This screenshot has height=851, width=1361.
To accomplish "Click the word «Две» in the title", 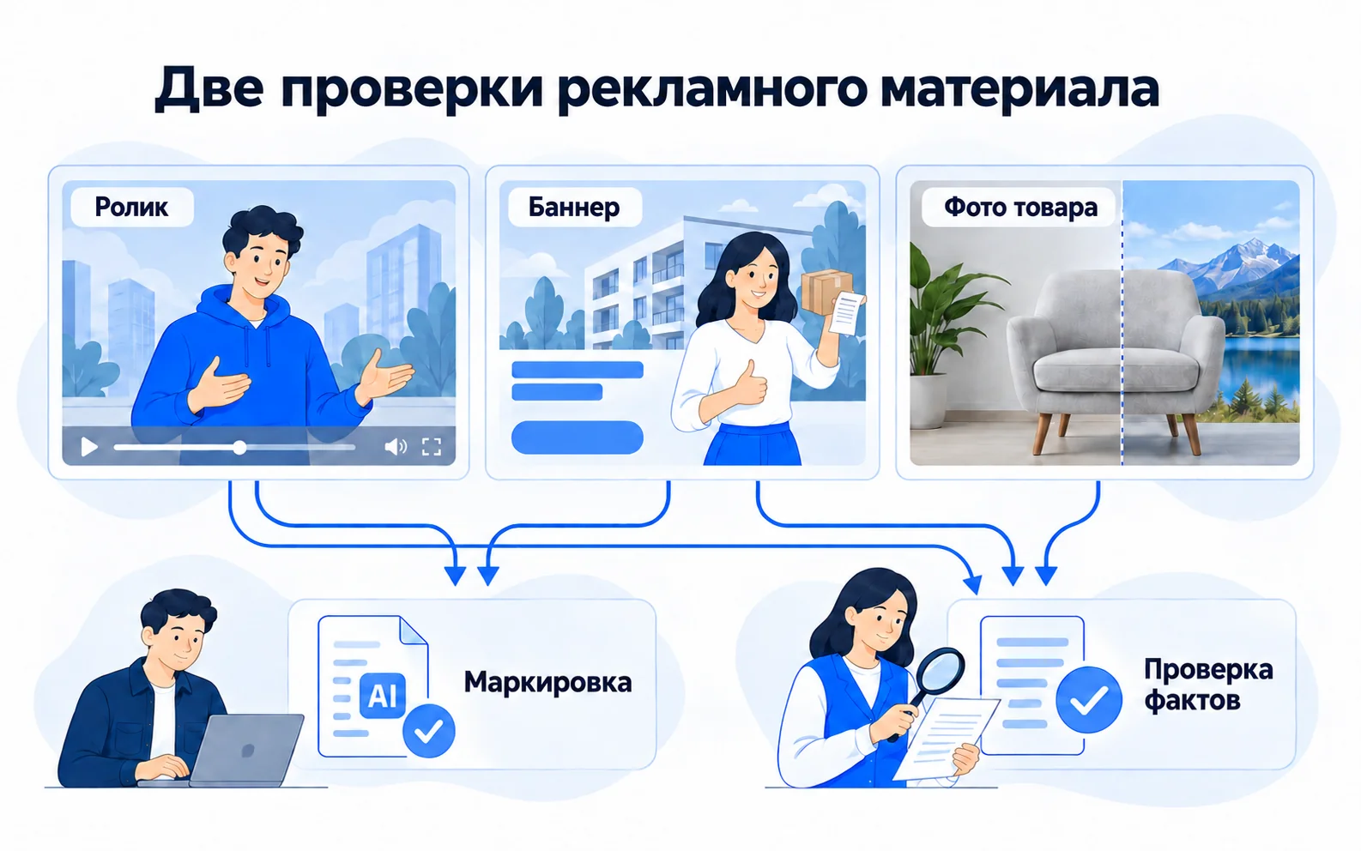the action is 209,88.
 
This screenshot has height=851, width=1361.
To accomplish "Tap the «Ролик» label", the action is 131,207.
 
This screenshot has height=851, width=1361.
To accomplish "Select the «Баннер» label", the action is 573,207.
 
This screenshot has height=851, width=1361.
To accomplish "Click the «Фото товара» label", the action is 1021,207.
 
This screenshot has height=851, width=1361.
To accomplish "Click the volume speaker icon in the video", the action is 396,447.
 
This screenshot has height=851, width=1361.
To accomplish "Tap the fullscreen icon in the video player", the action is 432,447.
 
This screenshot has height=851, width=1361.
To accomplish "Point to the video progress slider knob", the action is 240,448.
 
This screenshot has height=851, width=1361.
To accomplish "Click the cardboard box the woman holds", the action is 826,292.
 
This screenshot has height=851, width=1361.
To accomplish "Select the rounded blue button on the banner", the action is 578,438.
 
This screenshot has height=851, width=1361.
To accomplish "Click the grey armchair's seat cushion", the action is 1116,370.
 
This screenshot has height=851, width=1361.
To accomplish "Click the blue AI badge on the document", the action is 382,695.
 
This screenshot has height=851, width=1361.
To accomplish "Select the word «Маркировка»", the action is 547,683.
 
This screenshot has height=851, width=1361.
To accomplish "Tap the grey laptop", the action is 246,750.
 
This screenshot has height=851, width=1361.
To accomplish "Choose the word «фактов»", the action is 1192,701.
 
